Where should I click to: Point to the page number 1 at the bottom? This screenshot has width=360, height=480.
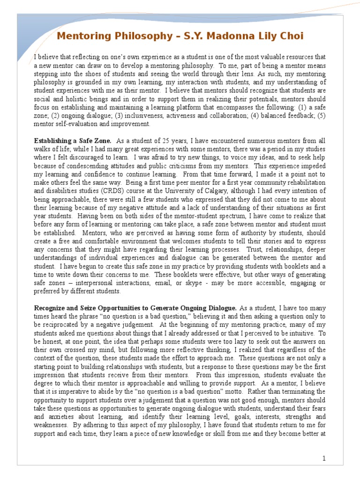click(323, 458)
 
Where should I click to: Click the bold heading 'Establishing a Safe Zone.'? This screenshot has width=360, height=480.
click(73, 141)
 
